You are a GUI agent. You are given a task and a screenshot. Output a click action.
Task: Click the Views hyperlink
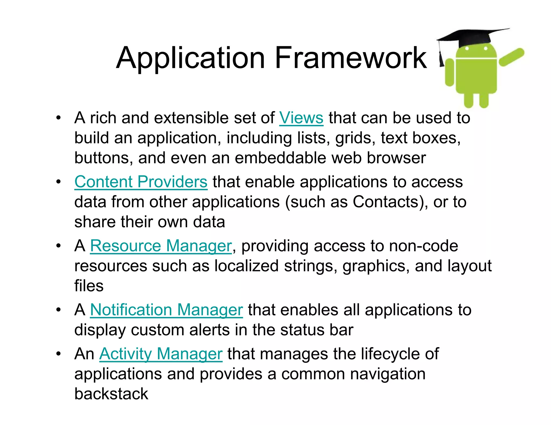(x=301, y=118)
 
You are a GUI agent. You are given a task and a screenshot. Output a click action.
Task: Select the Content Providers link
(x=141, y=182)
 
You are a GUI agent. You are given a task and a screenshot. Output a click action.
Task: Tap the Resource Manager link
(x=161, y=246)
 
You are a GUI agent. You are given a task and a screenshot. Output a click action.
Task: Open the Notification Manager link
(x=166, y=310)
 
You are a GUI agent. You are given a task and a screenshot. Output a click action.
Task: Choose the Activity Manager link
(x=161, y=354)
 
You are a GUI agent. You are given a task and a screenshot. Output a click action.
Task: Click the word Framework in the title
(x=350, y=58)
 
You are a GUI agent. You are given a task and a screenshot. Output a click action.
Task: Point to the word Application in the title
(x=190, y=58)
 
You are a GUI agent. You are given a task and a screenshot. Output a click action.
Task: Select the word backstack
(x=111, y=394)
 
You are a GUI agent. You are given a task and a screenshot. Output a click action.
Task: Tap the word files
(x=89, y=286)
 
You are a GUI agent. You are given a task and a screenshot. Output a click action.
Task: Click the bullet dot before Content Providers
(x=58, y=182)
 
